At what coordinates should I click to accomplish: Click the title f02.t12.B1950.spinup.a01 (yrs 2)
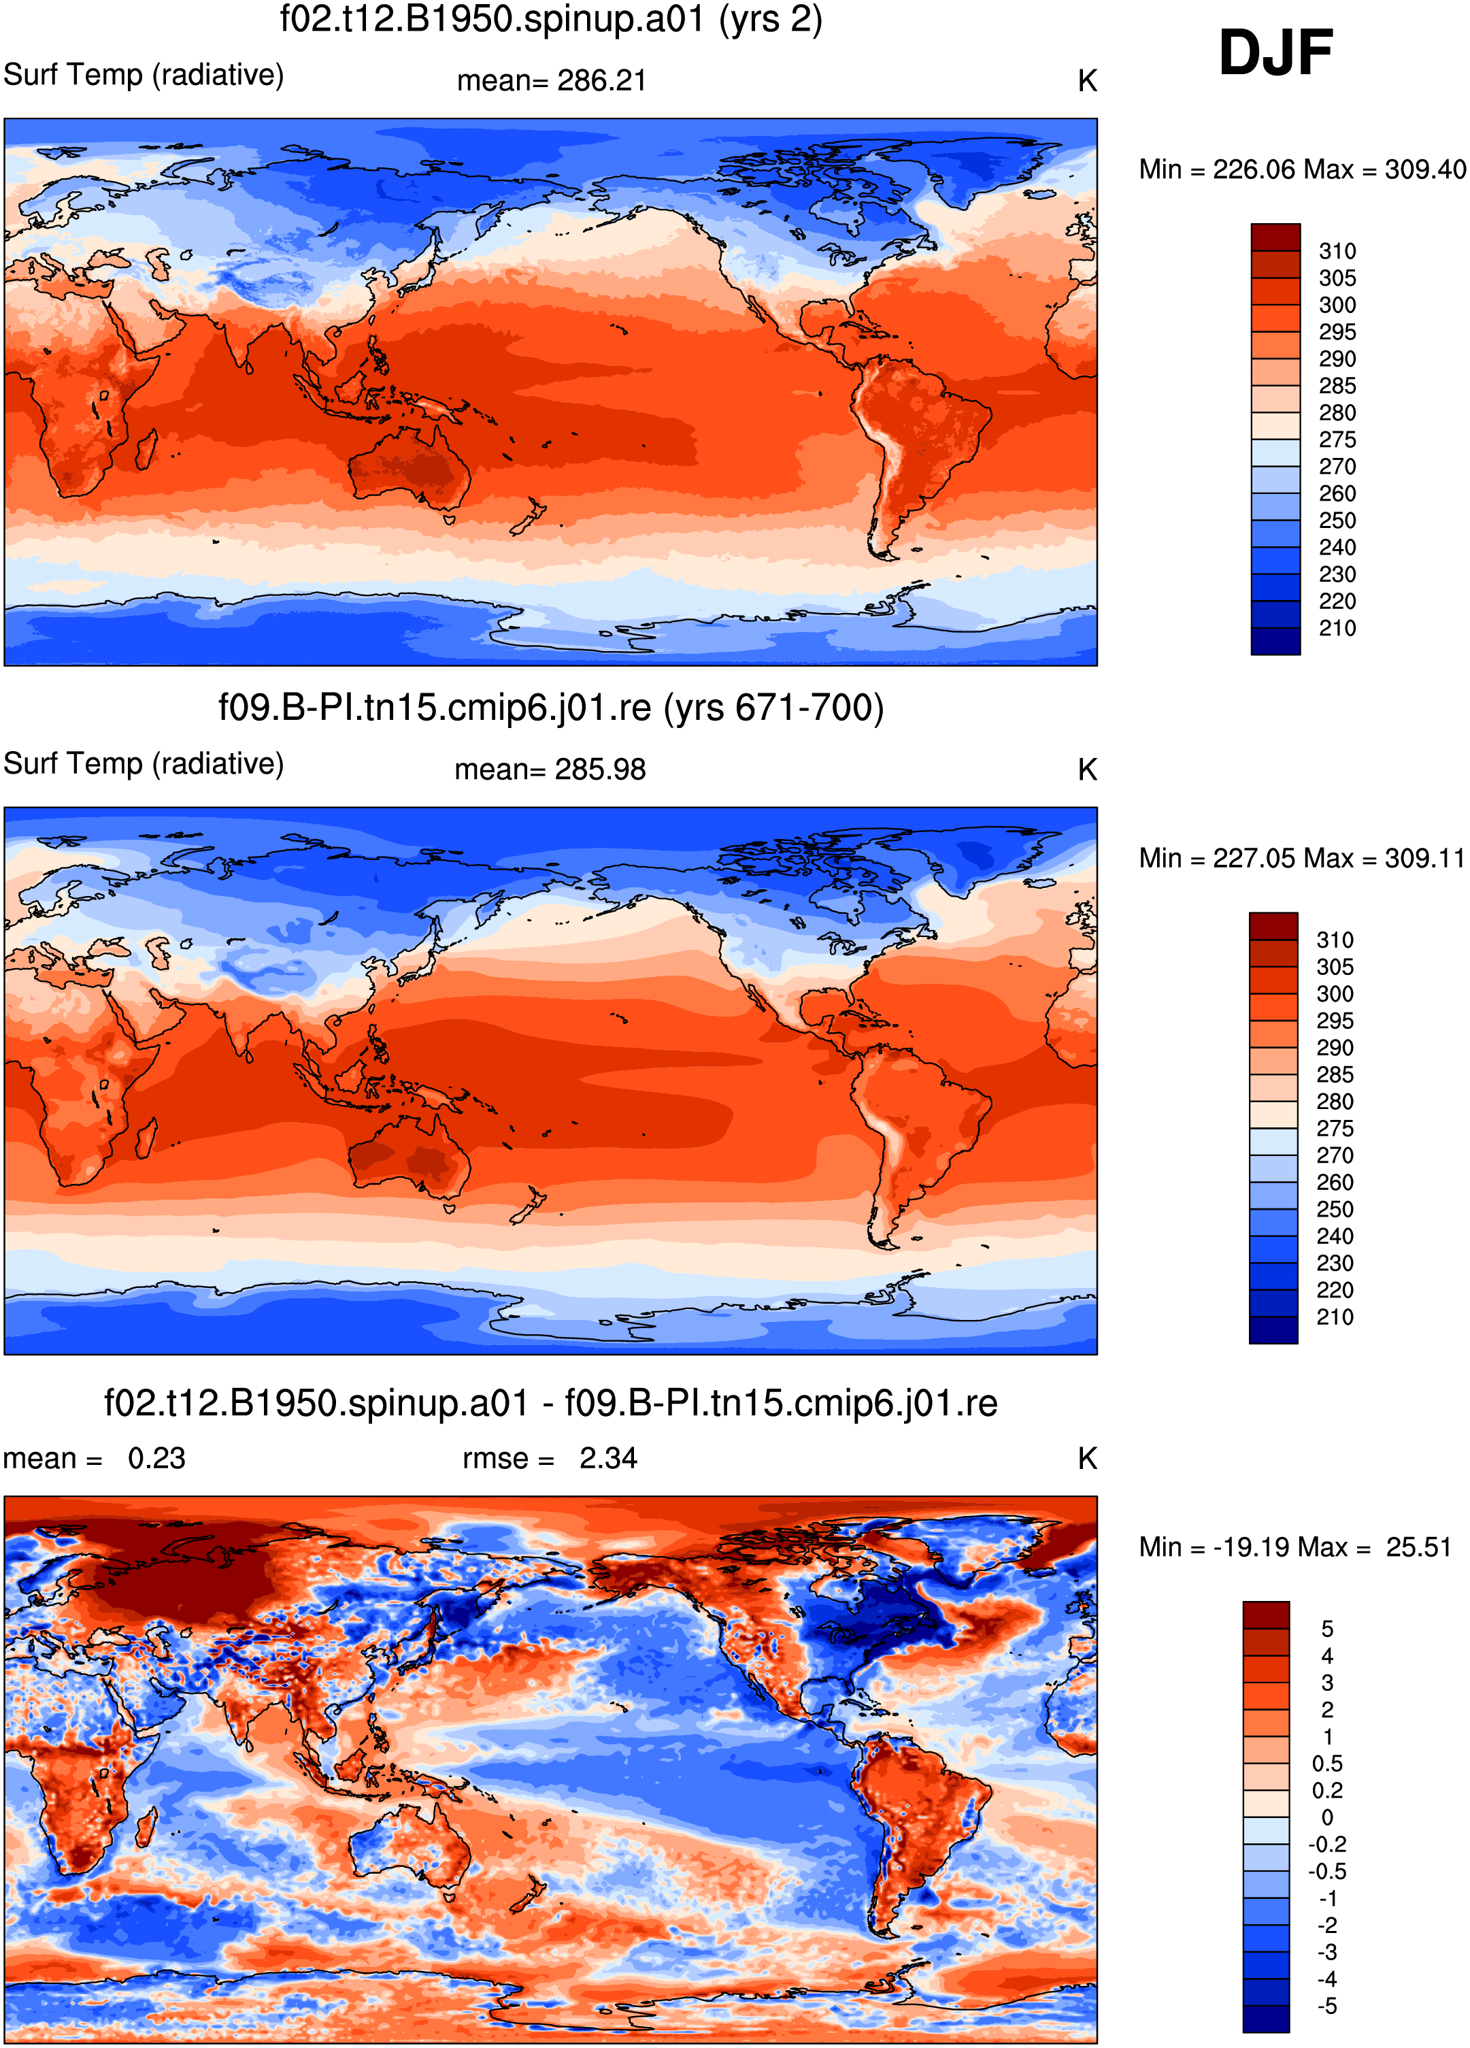tap(551, 19)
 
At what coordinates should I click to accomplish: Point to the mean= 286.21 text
tap(552, 80)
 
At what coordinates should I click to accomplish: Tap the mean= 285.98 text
tap(550, 770)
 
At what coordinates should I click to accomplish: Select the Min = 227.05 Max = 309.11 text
tap(1301, 858)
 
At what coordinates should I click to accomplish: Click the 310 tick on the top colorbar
tap(1337, 251)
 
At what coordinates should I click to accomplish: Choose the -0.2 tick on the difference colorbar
tap(1327, 1844)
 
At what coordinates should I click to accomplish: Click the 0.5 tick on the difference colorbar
tap(1327, 1764)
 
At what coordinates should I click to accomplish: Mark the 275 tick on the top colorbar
tap(1337, 440)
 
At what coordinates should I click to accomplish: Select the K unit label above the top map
tap(1087, 81)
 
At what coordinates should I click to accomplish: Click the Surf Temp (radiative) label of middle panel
tap(144, 764)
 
